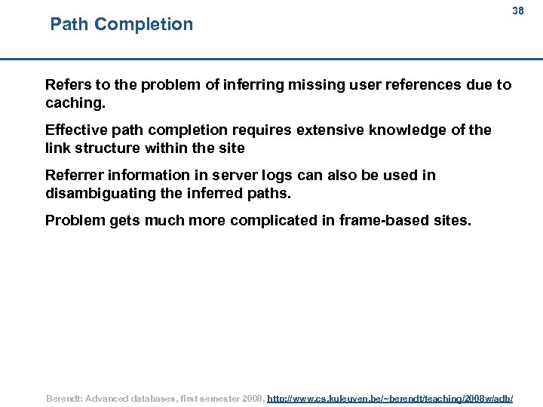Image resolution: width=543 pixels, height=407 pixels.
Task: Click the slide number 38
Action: click(517, 11)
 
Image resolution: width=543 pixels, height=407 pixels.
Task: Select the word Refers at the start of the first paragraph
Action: click(66, 84)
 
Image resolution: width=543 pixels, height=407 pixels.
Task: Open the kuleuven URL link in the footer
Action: click(390, 397)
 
